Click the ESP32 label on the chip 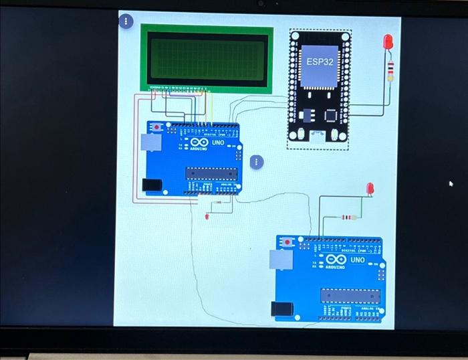click(320, 61)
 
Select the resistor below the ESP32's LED click(390, 68)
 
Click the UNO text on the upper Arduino click(218, 143)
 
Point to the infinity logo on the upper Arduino click(199, 143)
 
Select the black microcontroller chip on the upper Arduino click(211, 173)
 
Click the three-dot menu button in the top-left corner click(125, 21)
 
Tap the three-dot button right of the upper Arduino click(255, 162)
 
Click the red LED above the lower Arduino click(370, 189)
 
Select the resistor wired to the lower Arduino click(347, 217)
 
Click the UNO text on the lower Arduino click(358, 259)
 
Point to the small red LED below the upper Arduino click(207, 217)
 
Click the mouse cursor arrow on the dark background click(451, 183)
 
